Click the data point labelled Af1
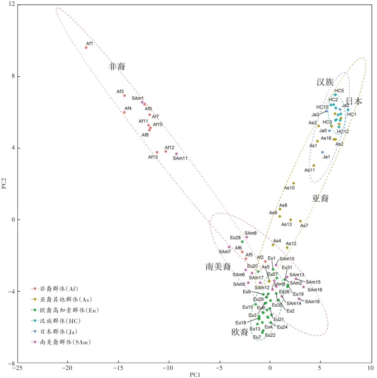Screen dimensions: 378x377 (86, 48)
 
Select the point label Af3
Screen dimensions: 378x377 (120, 92)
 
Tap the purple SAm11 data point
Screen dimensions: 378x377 (176, 154)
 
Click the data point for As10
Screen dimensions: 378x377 (294, 183)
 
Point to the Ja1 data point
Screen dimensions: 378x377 (322, 152)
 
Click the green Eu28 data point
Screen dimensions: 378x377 (242, 242)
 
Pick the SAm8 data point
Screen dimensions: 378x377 (247, 237)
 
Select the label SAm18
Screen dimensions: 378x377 (312, 302)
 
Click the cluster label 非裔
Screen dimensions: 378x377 (118, 67)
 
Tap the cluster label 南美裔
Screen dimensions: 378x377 (218, 266)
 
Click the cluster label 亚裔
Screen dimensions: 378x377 (320, 198)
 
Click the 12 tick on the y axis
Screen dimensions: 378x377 (12, 5)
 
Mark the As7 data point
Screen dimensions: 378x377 (301, 221)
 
